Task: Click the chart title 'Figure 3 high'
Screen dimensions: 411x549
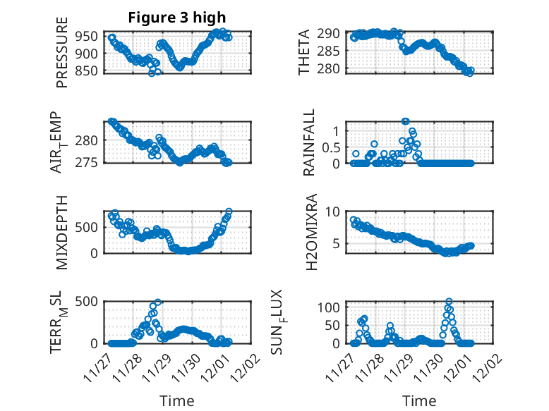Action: (176, 18)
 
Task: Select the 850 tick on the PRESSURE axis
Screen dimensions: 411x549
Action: (89, 71)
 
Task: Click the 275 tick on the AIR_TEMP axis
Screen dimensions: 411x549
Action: (89, 162)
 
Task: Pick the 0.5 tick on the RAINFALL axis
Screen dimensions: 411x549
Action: (330, 147)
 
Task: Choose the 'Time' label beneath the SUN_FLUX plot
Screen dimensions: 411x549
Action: (419, 400)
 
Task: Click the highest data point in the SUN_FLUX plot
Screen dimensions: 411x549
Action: (449, 302)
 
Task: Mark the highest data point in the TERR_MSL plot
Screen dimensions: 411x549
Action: (158, 302)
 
